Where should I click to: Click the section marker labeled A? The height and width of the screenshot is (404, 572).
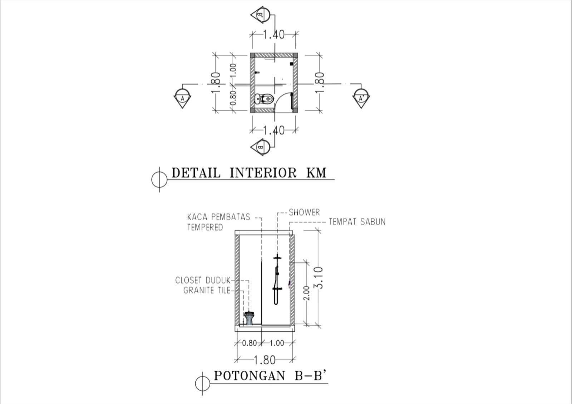point(182,98)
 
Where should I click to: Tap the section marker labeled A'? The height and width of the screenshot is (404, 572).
point(361,98)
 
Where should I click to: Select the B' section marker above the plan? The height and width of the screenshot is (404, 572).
point(261,15)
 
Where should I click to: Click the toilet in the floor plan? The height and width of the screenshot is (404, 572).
point(264,99)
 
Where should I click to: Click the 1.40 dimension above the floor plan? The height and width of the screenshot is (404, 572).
point(274,35)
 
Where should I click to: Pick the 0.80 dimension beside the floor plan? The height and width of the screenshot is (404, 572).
point(233,98)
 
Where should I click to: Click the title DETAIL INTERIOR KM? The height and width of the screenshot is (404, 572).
point(249,173)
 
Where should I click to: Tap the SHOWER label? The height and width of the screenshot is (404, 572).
point(304,212)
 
